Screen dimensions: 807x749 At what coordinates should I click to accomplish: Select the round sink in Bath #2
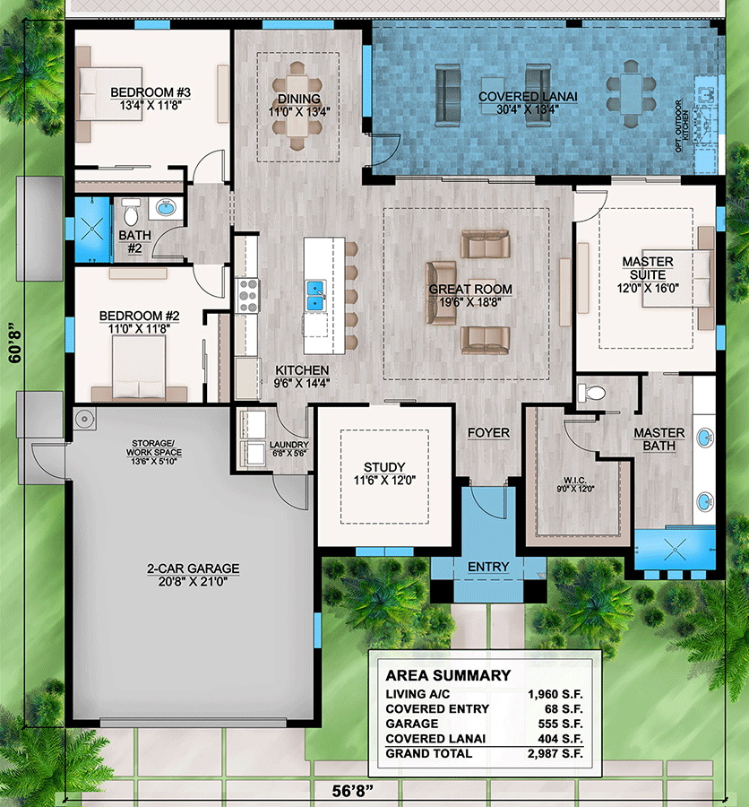point(167,209)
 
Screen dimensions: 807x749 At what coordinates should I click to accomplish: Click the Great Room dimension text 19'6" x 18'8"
point(470,303)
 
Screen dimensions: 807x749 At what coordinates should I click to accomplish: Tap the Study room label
point(384,467)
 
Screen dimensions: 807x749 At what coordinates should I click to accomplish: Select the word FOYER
point(489,433)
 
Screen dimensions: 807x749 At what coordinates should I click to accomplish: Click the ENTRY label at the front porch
point(488,567)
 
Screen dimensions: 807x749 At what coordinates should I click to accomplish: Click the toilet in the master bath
point(592,393)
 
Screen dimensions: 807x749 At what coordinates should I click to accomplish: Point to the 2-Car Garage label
point(194,568)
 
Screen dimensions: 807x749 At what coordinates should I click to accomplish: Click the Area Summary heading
point(448,675)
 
